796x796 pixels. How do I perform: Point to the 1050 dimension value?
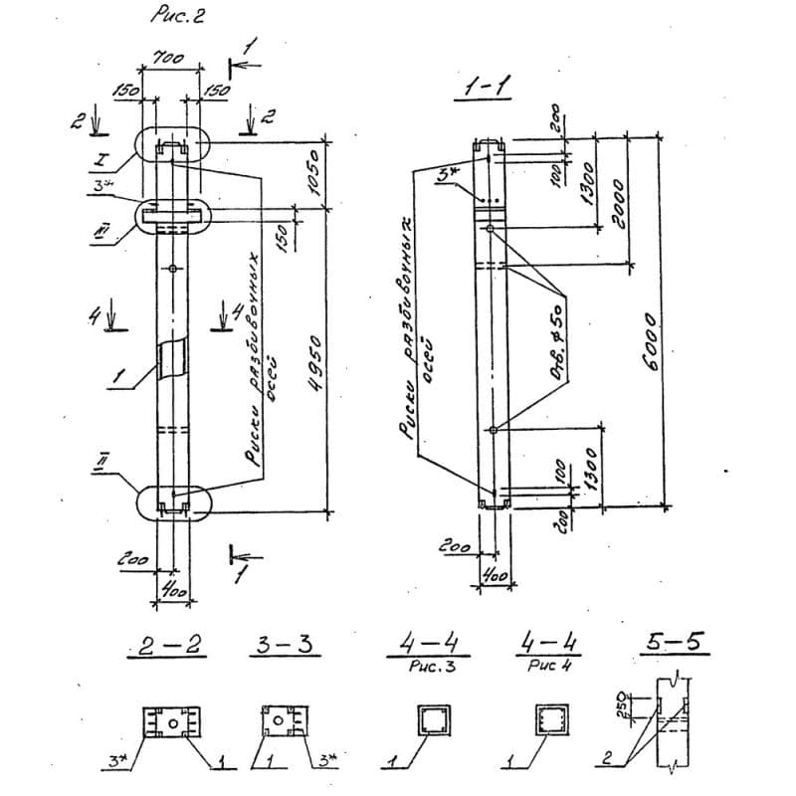tap(317, 173)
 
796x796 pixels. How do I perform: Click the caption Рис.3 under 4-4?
tap(429, 669)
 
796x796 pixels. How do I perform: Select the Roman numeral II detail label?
tap(130, 459)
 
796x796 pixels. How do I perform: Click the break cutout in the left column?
tap(174, 357)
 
